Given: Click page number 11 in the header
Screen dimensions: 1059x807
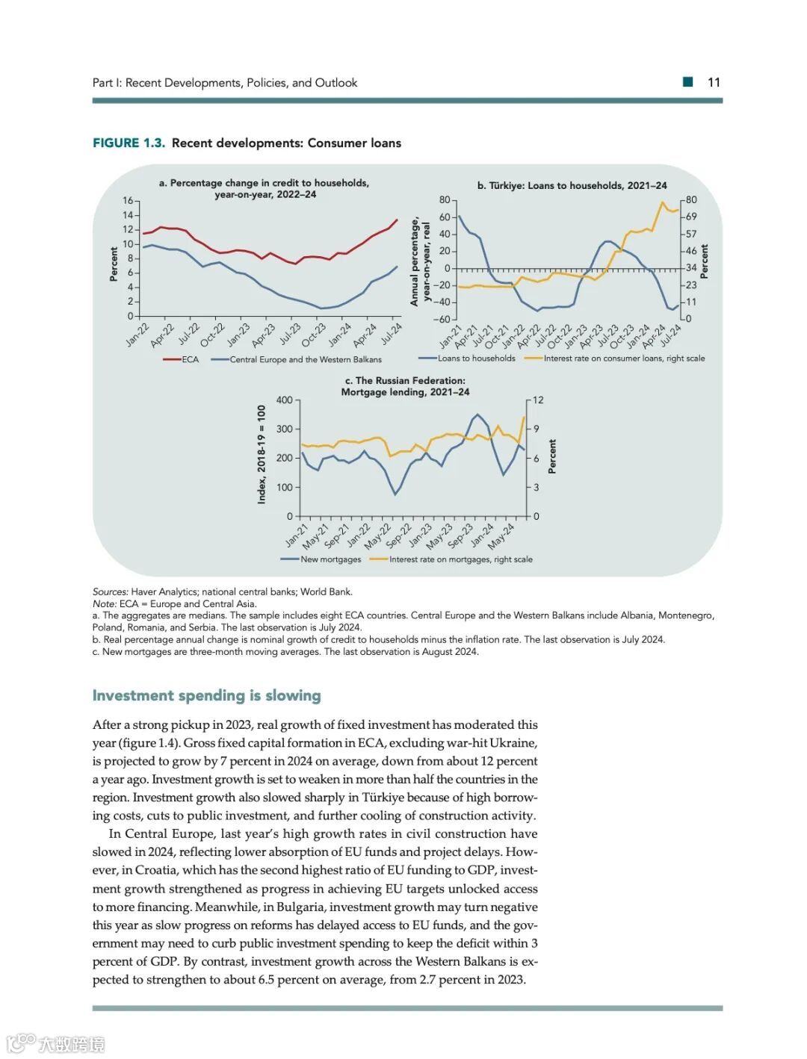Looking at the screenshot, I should (714, 83).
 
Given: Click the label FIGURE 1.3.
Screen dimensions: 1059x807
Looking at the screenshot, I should (129, 143).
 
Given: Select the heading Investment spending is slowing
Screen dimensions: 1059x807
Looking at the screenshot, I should (206, 695).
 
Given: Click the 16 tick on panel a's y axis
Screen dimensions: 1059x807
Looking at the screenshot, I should (128, 201).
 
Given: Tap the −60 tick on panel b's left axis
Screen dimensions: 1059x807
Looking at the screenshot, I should (442, 320).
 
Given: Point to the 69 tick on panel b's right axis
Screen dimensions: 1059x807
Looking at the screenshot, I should (691, 217).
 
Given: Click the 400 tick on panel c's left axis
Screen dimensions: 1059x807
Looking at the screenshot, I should (284, 400).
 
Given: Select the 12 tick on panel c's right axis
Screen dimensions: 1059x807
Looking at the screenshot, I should (538, 400).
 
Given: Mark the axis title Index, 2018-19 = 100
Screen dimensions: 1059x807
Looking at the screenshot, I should (262, 454).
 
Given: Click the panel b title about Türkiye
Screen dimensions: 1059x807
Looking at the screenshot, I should (572, 185).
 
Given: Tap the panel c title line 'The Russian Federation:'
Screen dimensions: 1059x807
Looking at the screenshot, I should (405, 380).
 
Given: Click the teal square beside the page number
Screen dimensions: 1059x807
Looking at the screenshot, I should (688, 82).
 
